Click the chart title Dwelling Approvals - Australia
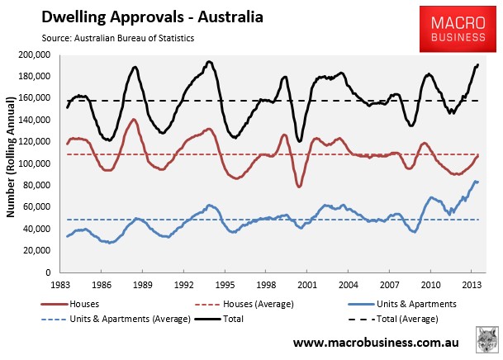(x=152, y=17)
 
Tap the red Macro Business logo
(x=458, y=29)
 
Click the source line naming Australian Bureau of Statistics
(x=118, y=38)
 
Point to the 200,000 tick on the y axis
(x=35, y=54)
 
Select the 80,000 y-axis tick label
(x=37, y=185)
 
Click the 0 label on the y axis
(x=48, y=272)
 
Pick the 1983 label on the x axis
(x=60, y=285)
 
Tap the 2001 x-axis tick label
(x=307, y=285)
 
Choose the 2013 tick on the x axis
(x=472, y=285)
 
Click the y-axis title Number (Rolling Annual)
(x=11, y=157)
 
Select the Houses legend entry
(x=70, y=304)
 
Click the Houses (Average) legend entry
(x=244, y=304)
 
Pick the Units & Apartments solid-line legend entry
(x=402, y=304)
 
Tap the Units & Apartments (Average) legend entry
(x=116, y=319)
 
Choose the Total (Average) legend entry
(x=393, y=319)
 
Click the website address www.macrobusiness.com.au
(x=376, y=343)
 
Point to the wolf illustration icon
(x=487, y=340)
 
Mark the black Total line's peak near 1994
(x=210, y=62)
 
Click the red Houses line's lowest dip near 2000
(x=299, y=186)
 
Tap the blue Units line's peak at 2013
(x=476, y=182)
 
